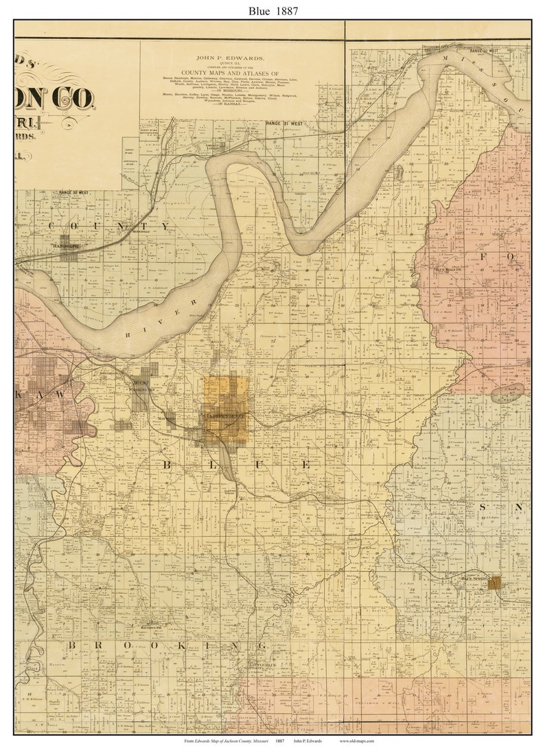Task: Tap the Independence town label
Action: [x=224, y=416]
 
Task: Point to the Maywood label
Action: [x=166, y=417]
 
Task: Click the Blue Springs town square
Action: [x=494, y=583]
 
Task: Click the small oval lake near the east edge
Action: [x=507, y=393]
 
